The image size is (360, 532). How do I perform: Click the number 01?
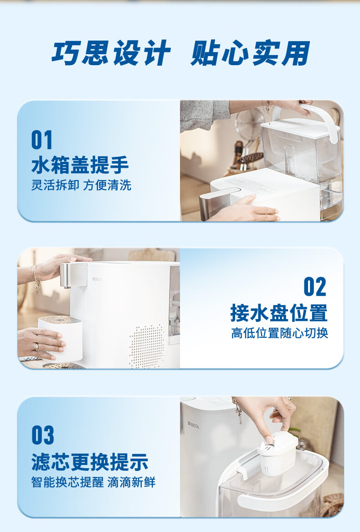[42, 140]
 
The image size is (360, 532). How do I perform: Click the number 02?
[315, 287]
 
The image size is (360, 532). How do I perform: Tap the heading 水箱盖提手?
[80, 165]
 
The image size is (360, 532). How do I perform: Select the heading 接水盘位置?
[279, 312]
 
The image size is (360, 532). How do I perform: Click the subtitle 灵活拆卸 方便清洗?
[81, 185]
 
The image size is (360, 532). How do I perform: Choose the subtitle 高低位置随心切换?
[280, 333]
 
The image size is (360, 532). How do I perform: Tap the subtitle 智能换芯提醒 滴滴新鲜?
[93, 482]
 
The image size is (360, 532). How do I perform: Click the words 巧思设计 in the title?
[111, 53]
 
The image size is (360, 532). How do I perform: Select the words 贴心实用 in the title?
[251, 53]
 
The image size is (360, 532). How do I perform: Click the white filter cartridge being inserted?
[278, 453]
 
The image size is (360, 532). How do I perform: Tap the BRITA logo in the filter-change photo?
[193, 425]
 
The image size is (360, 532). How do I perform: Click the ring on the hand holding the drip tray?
[36, 346]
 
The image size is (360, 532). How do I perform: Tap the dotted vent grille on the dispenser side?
[147, 346]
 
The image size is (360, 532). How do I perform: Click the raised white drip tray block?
[61, 337]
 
